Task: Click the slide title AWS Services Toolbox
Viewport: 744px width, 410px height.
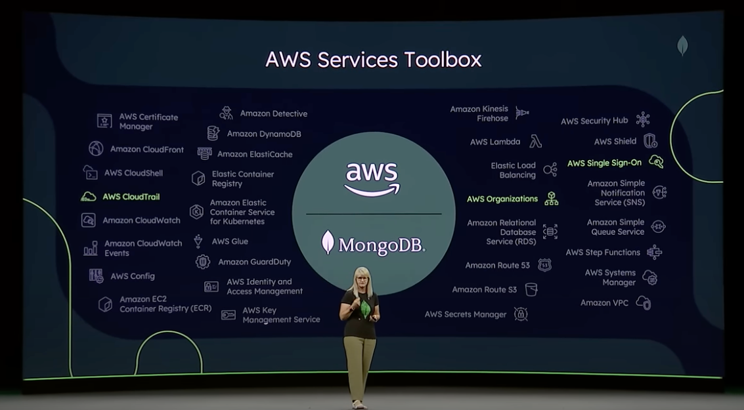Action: pyautogui.click(x=373, y=60)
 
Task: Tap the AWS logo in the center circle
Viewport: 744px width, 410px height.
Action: pyautogui.click(x=372, y=178)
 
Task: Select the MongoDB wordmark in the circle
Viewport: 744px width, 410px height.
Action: pyautogui.click(x=373, y=243)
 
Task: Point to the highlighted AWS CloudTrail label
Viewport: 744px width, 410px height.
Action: pyautogui.click(x=131, y=197)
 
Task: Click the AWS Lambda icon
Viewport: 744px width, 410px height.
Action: pyautogui.click(x=536, y=142)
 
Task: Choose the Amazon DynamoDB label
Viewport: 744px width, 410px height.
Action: pyautogui.click(x=264, y=134)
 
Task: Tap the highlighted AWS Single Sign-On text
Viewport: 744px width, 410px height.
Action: pyautogui.click(x=604, y=163)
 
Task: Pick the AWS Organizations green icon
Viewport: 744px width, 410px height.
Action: pyautogui.click(x=551, y=199)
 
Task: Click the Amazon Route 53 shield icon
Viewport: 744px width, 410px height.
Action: pyautogui.click(x=544, y=265)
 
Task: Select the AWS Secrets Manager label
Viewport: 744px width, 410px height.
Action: pyautogui.click(x=466, y=314)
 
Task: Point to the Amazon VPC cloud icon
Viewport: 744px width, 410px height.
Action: pyautogui.click(x=643, y=303)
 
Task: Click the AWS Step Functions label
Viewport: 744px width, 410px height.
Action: pyautogui.click(x=603, y=253)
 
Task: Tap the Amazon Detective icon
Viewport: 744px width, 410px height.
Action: pyautogui.click(x=227, y=113)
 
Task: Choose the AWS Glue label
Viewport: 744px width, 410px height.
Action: pyautogui.click(x=230, y=241)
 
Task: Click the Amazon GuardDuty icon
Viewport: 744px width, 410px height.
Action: pyautogui.click(x=203, y=262)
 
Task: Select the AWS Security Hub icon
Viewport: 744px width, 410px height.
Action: pyautogui.click(x=642, y=120)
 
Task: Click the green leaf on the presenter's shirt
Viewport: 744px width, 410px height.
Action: pyautogui.click(x=364, y=308)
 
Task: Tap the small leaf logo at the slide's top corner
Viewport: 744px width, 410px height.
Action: pyautogui.click(x=682, y=45)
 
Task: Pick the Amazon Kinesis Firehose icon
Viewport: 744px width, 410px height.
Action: pyautogui.click(x=522, y=113)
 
